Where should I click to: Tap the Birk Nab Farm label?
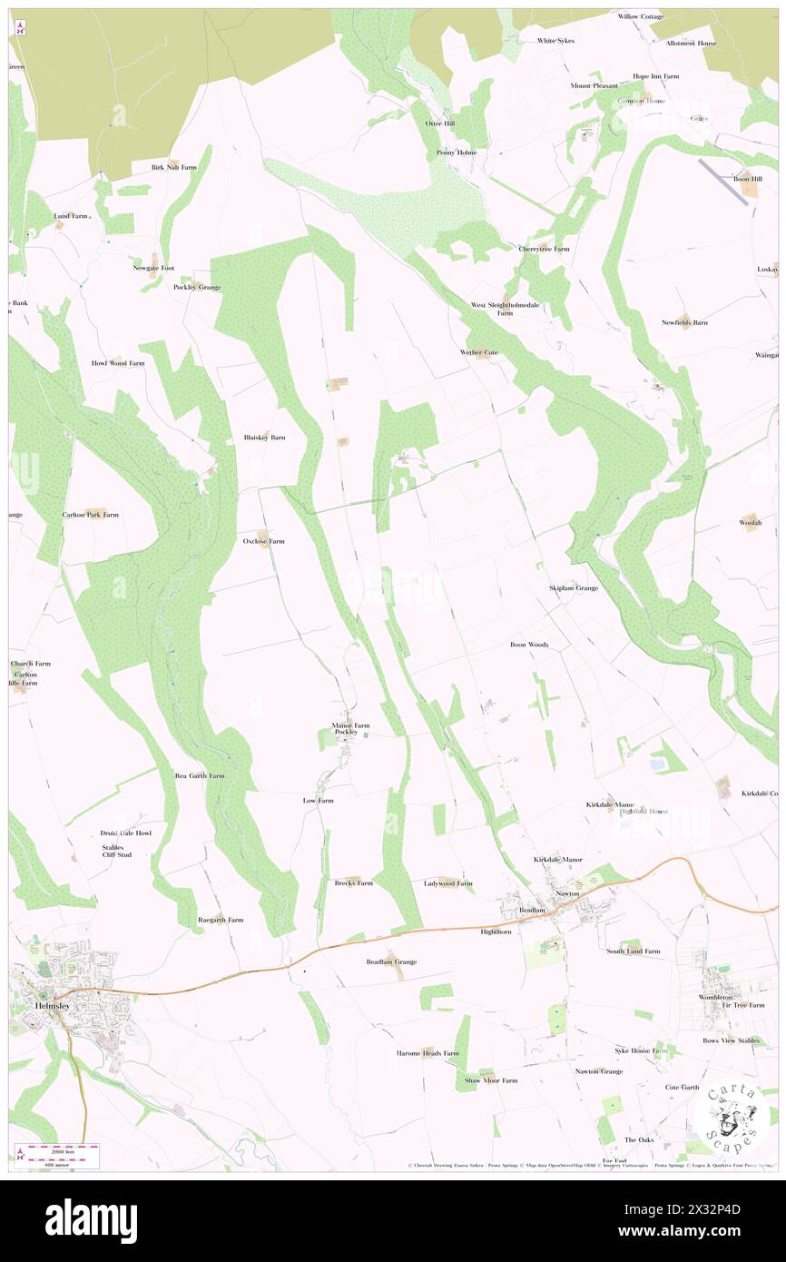click(174, 167)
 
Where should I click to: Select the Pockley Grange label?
click(197, 287)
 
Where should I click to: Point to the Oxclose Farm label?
click(263, 541)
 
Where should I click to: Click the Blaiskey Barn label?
click(264, 438)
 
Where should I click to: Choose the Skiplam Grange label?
click(573, 588)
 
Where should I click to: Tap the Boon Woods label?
click(528, 645)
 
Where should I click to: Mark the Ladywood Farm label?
click(447, 882)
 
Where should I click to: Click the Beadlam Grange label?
click(391, 961)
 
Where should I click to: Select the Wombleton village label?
click(722, 997)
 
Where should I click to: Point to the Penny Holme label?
click(456, 153)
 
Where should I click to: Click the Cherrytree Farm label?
click(544, 249)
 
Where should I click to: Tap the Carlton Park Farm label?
click(90, 514)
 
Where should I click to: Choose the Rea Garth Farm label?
click(200, 776)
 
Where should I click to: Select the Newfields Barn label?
click(684, 322)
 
